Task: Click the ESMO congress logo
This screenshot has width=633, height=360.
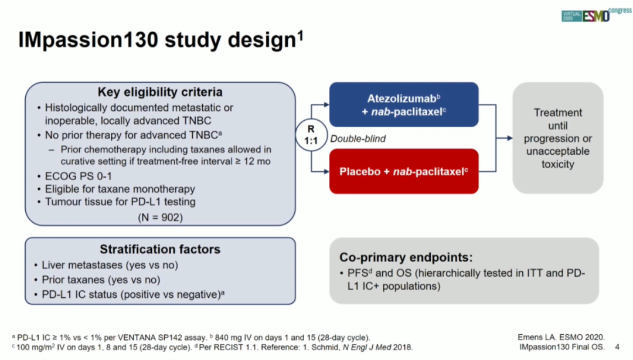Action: (596, 15)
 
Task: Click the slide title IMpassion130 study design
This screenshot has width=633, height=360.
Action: (161, 40)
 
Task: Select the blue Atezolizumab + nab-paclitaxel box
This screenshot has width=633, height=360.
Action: (404, 104)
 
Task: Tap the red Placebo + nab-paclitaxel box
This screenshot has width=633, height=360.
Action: (404, 171)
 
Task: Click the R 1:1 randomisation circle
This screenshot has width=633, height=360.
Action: (311, 135)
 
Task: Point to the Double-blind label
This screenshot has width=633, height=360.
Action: (358, 138)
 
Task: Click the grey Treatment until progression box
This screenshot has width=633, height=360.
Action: (558, 138)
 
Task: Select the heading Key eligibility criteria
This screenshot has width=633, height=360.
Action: (160, 92)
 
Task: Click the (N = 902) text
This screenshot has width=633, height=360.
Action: (160, 218)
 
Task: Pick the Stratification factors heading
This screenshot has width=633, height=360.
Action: (160, 249)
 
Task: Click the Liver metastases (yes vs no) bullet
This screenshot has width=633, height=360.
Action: (106, 265)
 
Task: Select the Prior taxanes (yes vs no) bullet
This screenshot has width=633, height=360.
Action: (97, 280)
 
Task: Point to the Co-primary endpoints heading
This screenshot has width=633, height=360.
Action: (406, 257)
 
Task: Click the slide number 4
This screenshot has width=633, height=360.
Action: (617, 347)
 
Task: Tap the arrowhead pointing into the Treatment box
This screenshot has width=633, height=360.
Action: (510, 138)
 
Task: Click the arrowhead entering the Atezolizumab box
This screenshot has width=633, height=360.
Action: (326, 104)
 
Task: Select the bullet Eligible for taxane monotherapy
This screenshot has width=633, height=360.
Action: (116, 189)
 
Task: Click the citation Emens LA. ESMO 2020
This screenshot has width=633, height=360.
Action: (561, 337)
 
